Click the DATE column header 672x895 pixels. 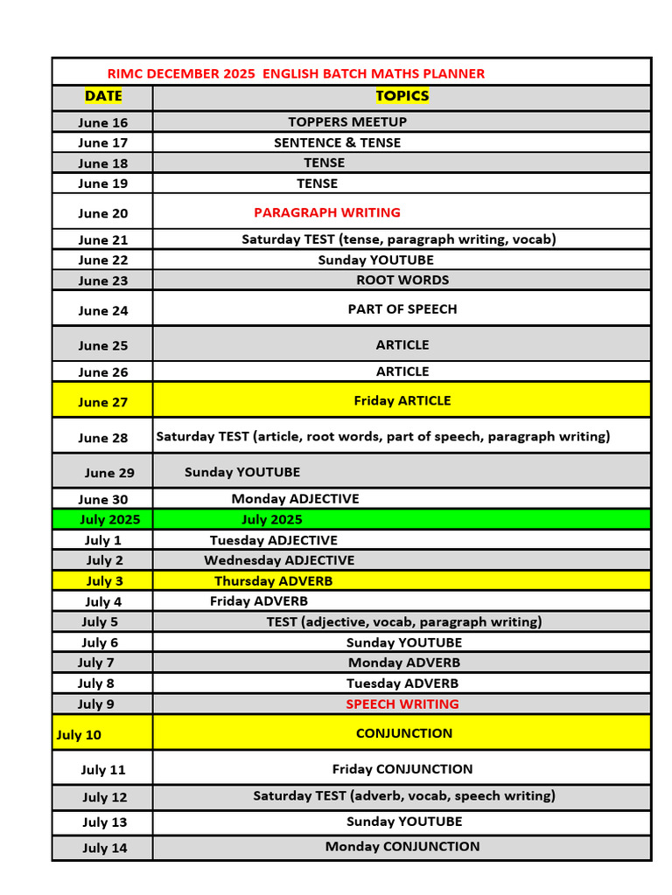[103, 96]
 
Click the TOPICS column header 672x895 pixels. [402, 96]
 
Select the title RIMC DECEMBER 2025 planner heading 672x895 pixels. [296, 73]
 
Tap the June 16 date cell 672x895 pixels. [102, 122]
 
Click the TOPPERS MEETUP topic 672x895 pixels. [347, 122]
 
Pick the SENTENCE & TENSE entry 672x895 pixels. [337, 142]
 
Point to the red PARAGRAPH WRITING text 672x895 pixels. [327, 212]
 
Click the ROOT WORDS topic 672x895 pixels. [402, 281]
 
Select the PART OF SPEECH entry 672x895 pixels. [402, 309]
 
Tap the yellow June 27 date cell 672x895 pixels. [102, 402]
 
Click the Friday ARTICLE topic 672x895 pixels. [402, 401]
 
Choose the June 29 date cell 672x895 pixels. [109, 473]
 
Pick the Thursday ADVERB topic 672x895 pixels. [274, 581]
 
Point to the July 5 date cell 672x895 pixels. [100, 622]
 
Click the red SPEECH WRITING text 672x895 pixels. [402, 704]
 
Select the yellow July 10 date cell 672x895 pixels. [79, 735]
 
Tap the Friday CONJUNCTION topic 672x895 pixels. [402, 770]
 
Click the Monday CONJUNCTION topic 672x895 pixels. [402, 847]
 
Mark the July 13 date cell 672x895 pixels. [104, 822]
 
